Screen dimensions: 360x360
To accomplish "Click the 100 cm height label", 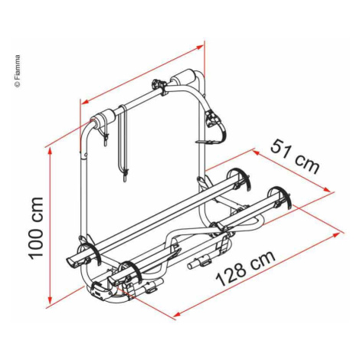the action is tap(36, 227).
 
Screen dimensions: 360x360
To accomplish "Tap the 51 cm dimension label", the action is tap(295, 158).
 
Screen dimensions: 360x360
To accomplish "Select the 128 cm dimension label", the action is tap(246, 268).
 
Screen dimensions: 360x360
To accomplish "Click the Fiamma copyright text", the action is tap(18, 71).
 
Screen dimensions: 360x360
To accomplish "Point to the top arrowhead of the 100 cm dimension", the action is tap(51, 152).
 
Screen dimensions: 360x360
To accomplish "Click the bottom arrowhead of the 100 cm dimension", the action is tap(51, 301).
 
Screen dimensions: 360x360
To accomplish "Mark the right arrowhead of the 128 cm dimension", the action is tap(337, 235).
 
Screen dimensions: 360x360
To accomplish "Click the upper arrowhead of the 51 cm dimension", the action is tap(256, 153).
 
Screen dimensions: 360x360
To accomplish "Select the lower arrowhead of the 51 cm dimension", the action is tap(327, 189).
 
